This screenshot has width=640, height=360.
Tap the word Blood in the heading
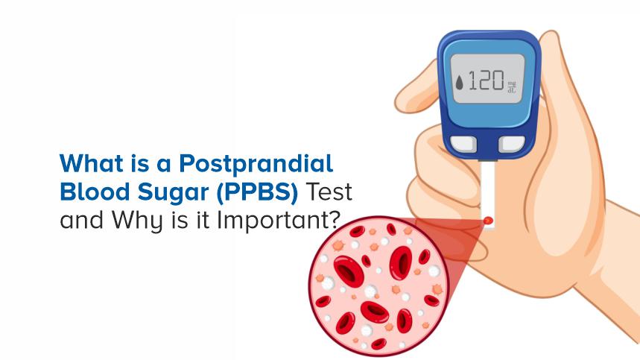(84, 192)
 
